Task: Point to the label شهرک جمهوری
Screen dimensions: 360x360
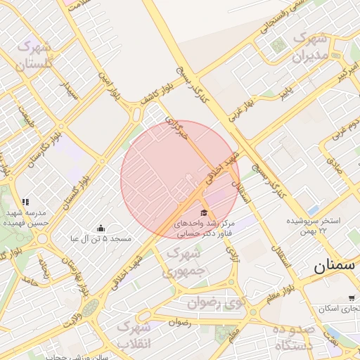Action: (x=184, y=260)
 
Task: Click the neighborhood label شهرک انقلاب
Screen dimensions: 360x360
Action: (x=134, y=335)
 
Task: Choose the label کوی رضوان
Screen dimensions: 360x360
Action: (x=217, y=303)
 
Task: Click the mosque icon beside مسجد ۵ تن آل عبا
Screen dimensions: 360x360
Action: (x=101, y=228)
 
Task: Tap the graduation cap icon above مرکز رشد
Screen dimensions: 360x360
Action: (x=204, y=212)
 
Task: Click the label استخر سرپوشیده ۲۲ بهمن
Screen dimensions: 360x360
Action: (x=313, y=226)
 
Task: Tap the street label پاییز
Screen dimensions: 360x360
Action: (x=284, y=91)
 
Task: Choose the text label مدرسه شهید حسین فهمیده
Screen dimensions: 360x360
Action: (x=26, y=217)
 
